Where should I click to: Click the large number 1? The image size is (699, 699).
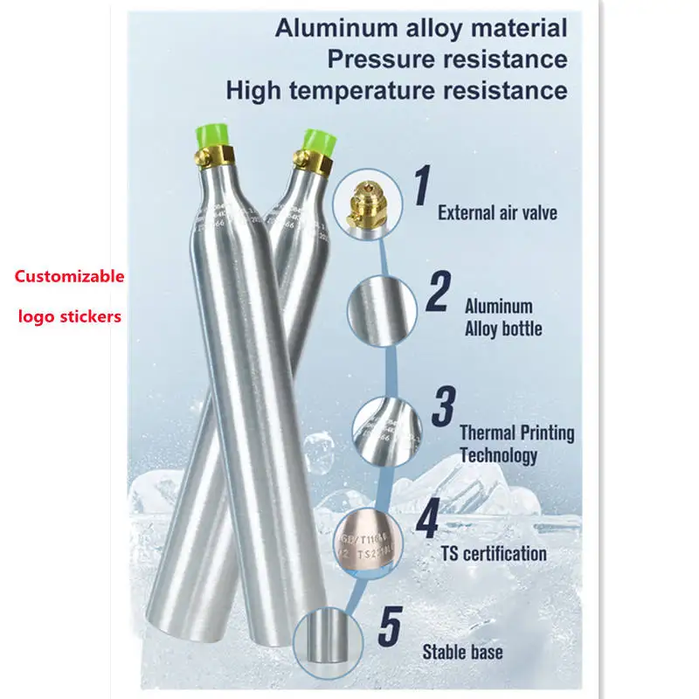(x=423, y=187)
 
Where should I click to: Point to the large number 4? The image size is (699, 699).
(x=426, y=519)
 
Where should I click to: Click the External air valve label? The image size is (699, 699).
(x=496, y=211)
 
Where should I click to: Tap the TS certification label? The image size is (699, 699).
(x=494, y=553)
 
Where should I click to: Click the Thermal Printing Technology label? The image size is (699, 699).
(x=516, y=443)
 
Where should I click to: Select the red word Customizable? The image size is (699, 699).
(x=69, y=277)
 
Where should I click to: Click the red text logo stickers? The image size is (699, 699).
(x=69, y=316)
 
